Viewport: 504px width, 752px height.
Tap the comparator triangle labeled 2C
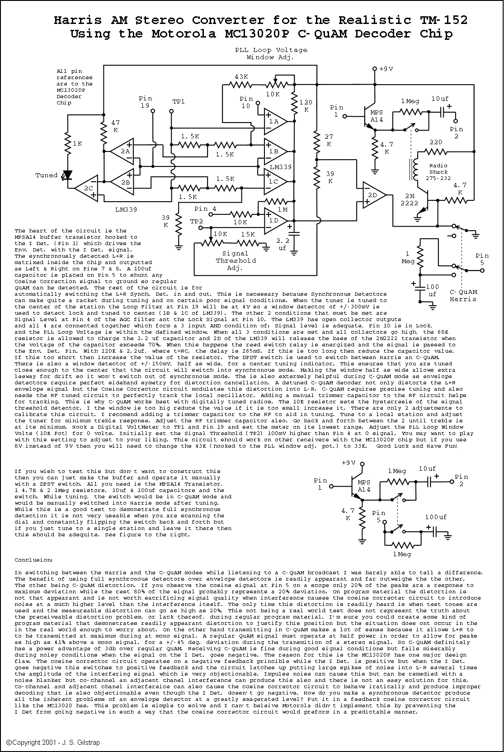coord(87,188)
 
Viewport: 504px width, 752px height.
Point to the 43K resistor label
coord(241,76)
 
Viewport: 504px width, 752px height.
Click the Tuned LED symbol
coord(68,175)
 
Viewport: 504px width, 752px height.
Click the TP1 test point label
coord(179,101)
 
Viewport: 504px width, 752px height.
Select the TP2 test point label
coord(197,221)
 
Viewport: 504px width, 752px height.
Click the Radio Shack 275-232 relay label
coord(438,171)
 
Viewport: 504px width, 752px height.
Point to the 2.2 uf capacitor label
coord(283,244)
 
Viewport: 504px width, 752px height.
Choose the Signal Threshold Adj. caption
coord(236,261)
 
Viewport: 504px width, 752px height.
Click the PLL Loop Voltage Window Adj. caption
coord(271,53)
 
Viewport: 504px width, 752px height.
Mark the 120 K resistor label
coord(306,106)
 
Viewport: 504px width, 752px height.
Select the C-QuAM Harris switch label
coord(463,295)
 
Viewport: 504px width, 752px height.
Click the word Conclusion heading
coord(33,560)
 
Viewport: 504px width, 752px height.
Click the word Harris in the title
coord(77,20)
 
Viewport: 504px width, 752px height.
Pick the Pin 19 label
coord(146,102)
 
